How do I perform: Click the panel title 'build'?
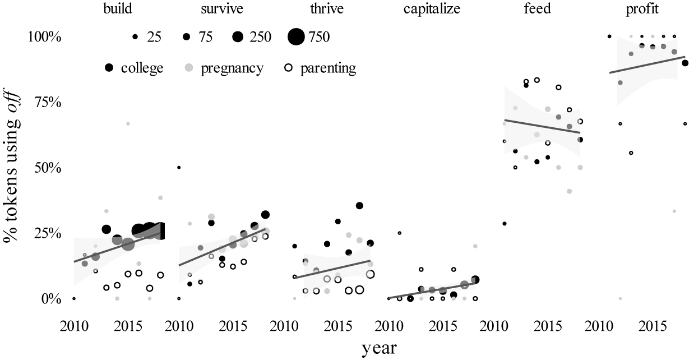pyautogui.click(x=117, y=10)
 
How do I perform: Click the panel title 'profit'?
pyautogui.click(x=627, y=10)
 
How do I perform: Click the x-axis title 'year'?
pyautogui.click(x=379, y=348)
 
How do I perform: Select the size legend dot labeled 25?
pyautogui.click(x=135, y=37)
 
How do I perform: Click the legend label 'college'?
pyautogui.click(x=141, y=68)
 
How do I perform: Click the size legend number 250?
pyautogui.click(x=260, y=37)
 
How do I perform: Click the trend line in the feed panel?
pyautogui.click(x=542, y=126)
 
